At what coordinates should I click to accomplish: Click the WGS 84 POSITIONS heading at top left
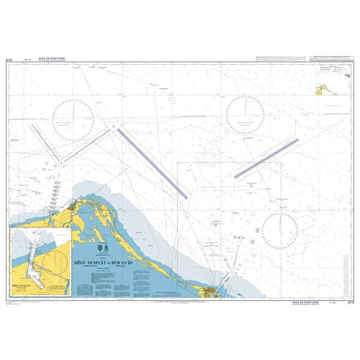pyautogui.click(x=51, y=58)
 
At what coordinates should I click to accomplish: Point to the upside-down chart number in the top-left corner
pyautogui.click(x=8, y=60)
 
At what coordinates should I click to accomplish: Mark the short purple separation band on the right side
pyautogui.click(x=266, y=157)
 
